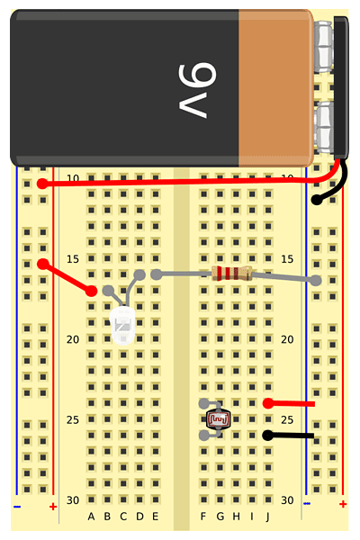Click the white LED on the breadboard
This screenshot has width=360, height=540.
tap(122, 326)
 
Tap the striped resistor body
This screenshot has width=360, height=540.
tap(232, 274)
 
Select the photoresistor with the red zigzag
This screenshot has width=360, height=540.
tap(218, 418)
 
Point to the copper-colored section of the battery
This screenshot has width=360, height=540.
tap(276, 88)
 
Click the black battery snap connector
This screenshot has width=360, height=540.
tap(341, 88)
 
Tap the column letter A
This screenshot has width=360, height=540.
tap(91, 517)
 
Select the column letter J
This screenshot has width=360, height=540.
tap(267, 517)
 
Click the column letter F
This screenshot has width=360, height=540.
tap(203, 517)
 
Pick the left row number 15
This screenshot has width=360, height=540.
tap(73, 259)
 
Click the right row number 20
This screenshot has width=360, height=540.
tap(287, 339)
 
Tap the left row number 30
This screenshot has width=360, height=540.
tap(73, 500)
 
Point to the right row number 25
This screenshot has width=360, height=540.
tap(287, 419)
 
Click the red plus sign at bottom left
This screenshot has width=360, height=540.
tap(53, 507)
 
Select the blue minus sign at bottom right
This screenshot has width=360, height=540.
tap(307, 503)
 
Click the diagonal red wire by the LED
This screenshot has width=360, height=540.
tap(67, 277)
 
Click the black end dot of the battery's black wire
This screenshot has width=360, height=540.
tap(316, 200)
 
